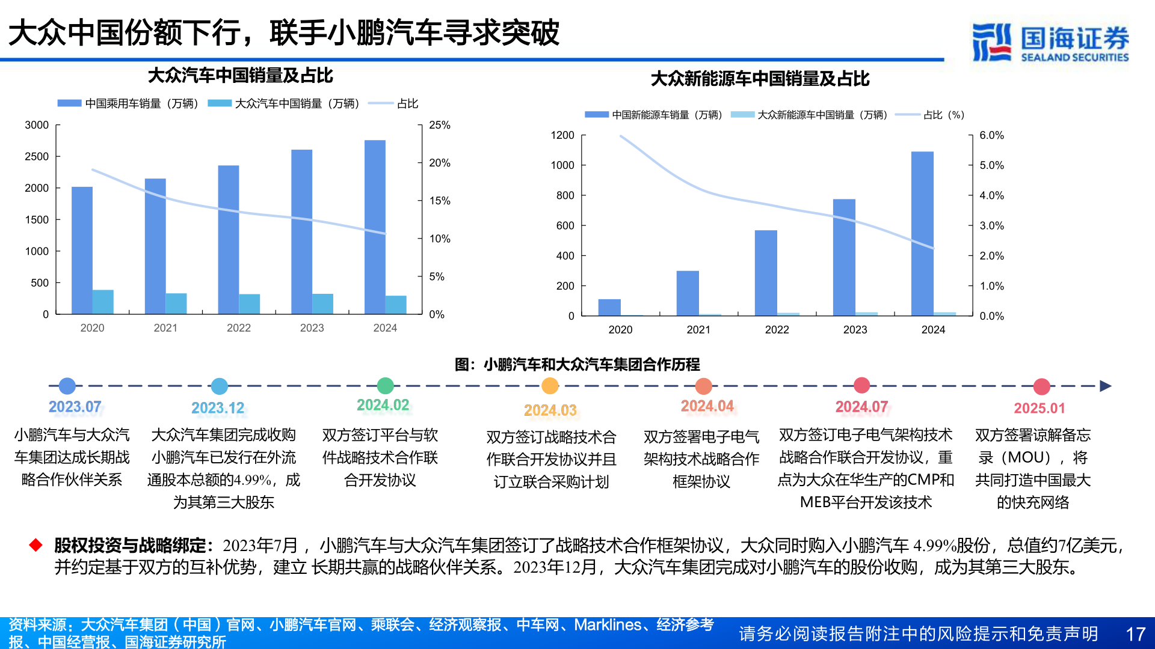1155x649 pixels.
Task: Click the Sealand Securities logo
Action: (1050, 42)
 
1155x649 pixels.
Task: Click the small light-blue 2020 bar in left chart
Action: (103, 302)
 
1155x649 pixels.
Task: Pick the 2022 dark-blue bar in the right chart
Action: (766, 273)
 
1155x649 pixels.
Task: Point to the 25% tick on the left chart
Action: (439, 125)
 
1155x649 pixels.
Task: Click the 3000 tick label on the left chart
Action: (37, 125)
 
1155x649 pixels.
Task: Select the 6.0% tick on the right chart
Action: (991, 135)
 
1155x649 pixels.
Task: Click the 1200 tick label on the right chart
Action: (562, 135)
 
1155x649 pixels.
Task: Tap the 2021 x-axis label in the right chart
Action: (698, 329)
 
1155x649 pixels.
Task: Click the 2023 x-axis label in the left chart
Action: (312, 328)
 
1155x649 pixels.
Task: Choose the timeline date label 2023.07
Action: (75, 407)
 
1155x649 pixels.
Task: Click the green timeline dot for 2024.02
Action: (385, 385)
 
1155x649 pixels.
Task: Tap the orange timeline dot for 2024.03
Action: (550, 385)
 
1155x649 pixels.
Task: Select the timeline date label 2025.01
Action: (1039, 408)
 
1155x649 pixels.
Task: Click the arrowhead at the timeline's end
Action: (1105, 386)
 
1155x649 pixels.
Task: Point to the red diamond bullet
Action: (36, 545)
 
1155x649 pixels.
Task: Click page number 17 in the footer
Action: (1135, 634)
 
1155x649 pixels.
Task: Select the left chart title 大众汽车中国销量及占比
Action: (240, 76)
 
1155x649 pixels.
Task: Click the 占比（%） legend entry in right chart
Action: (943, 115)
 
